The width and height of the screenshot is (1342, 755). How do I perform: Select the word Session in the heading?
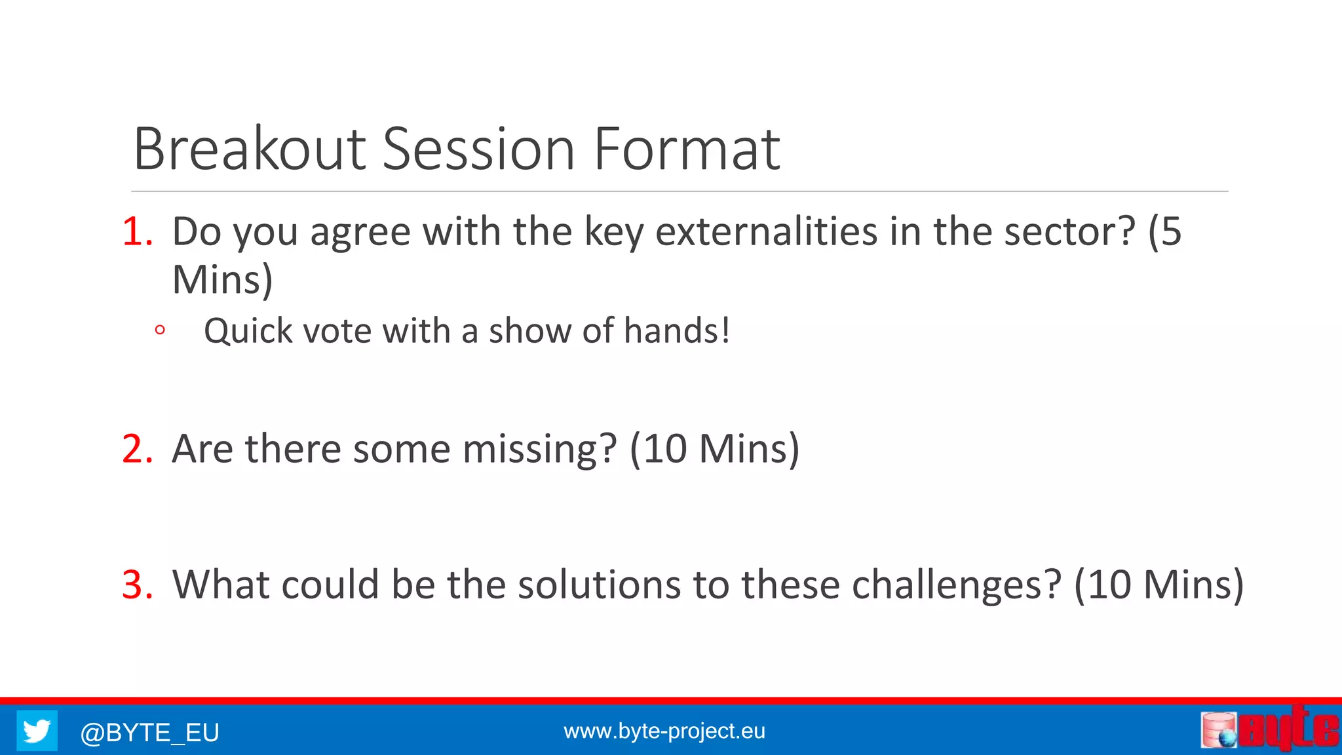pyautogui.click(x=478, y=149)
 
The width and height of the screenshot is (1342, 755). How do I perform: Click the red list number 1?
pyautogui.click(x=138, y=232)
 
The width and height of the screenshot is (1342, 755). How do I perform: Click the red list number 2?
pyautogui.click(x=138, y=450)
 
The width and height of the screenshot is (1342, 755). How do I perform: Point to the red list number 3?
pyautogui.click(x=138, y=585)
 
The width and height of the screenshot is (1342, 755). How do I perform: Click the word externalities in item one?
pyautogui.click(x=767, y=232)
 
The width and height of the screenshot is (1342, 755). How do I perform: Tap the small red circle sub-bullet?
pyautogui.click(x=159, y=330)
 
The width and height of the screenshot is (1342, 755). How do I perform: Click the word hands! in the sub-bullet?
pyautogui.click(x=676, y=330)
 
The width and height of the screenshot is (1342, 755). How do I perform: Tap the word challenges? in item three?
pyautogui.click(x=956, y=585)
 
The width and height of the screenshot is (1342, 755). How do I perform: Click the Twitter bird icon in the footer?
pyautogui.click(x=37, y=730)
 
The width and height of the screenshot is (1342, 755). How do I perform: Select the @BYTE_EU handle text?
pyautogui.click(x=149, y=732)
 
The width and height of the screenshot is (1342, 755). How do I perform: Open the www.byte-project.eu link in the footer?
pyautogui.click(x=664, y=731)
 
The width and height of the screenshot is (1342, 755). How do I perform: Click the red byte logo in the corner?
pyautogui.click(x=1270, y=729)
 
